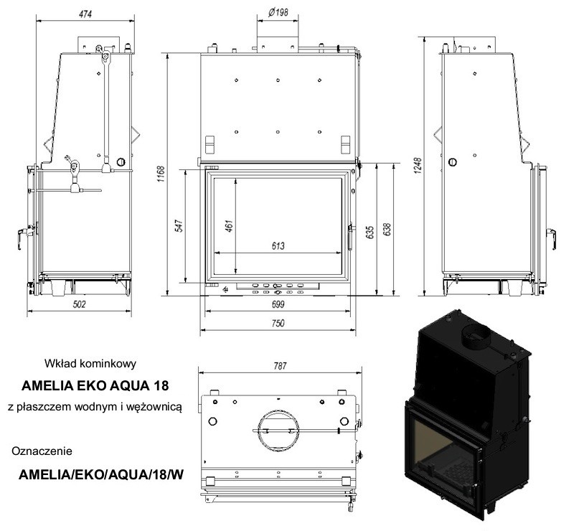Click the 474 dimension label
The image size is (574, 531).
click(x=85, y=14)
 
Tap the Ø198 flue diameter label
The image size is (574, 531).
click(x=278, y=13)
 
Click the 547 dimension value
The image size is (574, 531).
click(x=179, y=225)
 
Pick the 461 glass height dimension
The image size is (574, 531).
click(x=229, y=226)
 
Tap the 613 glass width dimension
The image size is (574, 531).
click(x=278, y=245)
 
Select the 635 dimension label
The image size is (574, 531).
click(x=370, y=232)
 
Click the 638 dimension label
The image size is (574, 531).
click(x=387, y=229)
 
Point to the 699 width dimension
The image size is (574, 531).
click(x=278, y=304)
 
